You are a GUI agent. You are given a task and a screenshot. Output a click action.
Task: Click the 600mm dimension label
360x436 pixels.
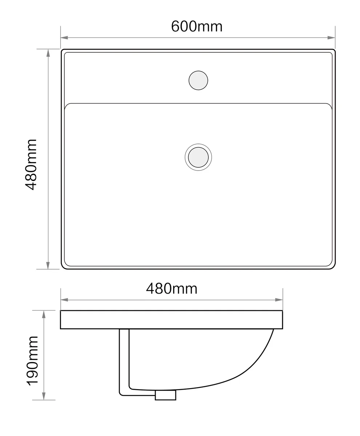[x=196, y=27]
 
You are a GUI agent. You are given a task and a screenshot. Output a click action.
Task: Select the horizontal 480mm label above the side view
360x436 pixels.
[x=171, y=289]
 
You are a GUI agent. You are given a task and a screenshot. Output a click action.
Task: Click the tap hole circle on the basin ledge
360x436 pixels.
[x=198, y=80]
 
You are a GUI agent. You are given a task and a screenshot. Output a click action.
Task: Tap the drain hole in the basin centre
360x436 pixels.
[x=198, y=157]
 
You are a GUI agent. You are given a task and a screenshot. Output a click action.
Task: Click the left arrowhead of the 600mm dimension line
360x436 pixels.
[x=64, y=37]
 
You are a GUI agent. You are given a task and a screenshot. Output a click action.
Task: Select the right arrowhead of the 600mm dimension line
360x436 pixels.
[x=331, y=37]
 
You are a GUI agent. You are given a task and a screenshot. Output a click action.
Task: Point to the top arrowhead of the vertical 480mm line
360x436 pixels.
[x=48, y=53]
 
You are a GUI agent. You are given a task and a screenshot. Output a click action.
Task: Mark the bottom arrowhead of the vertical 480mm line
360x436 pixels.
[x=48, y=265]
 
